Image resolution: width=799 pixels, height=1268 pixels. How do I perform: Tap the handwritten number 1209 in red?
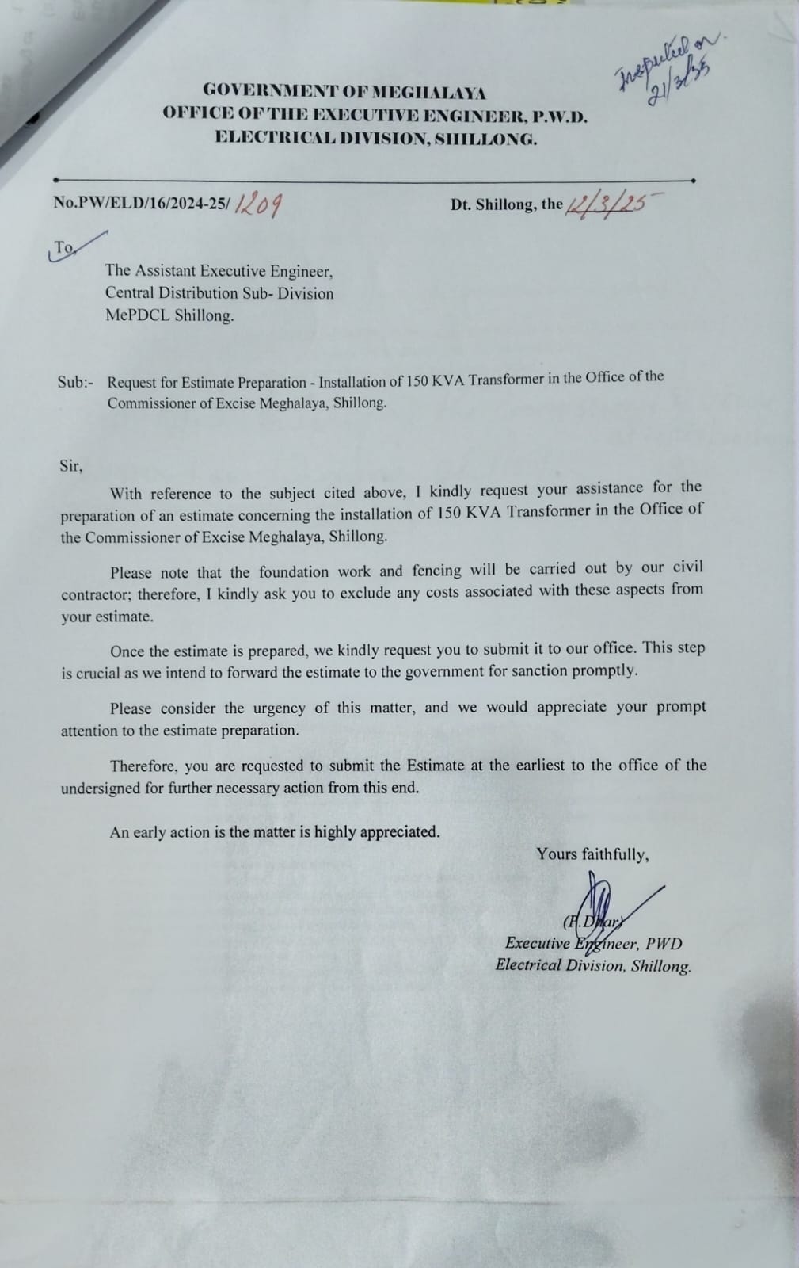coord(260,205)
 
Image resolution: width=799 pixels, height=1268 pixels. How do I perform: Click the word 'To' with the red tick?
coord(64,248)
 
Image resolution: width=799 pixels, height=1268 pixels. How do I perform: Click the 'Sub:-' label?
coord(75,382)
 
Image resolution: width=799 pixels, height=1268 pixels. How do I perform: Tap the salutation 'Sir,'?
coord(70,465)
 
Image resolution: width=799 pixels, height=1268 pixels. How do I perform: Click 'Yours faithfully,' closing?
coord(593,854)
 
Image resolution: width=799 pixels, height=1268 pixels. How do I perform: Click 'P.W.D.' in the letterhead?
coord(559,116)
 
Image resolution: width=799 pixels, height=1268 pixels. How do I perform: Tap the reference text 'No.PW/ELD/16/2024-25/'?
coord(140,203)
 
